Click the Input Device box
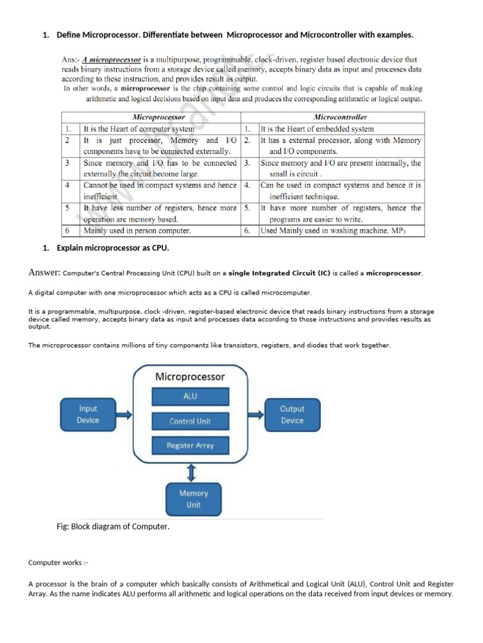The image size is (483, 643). [x=87, y=414]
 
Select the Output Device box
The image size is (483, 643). [x=292, y=414]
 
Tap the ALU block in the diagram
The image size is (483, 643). [x=190, y=396]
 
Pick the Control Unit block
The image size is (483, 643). [x=190, y=421]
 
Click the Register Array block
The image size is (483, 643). [x=190, y=445]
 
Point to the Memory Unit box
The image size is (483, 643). [x=193, y=499]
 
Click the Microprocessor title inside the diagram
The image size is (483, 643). [x=190, y=377]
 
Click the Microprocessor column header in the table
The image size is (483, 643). [x=160, y=117]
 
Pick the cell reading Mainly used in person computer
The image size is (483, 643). [x=138, y=230]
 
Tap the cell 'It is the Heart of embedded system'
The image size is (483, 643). [x=317, y=129]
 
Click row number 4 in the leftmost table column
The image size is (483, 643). [x=68, y=185]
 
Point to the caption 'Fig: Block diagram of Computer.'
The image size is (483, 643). [x=113, y=526]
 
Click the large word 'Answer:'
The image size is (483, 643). [x=45, y=273]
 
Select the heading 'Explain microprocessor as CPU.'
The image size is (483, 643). [x=113, y=248]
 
